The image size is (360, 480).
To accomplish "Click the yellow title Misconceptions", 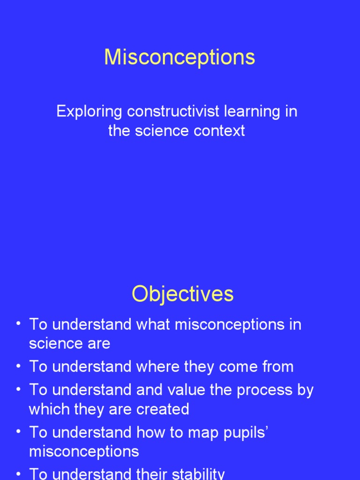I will [x=180, y=58].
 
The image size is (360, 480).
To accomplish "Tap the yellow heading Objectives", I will [x=182, y=294].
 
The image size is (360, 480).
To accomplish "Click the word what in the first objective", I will [x=152, y=324].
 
